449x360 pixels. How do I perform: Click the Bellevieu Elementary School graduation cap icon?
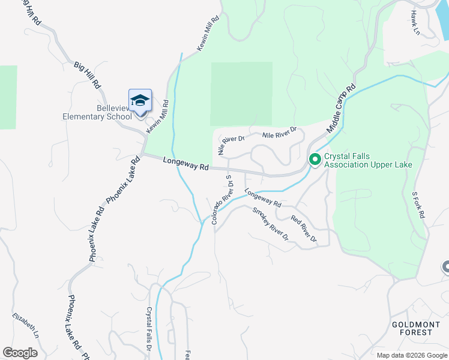[140, 101]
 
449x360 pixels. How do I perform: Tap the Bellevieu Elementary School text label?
[97, 112]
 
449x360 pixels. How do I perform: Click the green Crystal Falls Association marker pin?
[315, 160]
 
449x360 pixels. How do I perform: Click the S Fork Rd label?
[418, 205]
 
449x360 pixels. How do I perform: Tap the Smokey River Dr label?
[271, 224]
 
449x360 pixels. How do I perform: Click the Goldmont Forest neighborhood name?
[412, 328]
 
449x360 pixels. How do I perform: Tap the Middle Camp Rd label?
[342, 108]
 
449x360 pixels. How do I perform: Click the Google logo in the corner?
[20, 353]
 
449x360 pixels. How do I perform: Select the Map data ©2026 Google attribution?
[412, 355]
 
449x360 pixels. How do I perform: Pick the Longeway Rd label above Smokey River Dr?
[262, 198]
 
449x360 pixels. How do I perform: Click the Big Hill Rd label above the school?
[88, 74]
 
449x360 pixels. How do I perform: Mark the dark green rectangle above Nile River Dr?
[241, 94]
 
